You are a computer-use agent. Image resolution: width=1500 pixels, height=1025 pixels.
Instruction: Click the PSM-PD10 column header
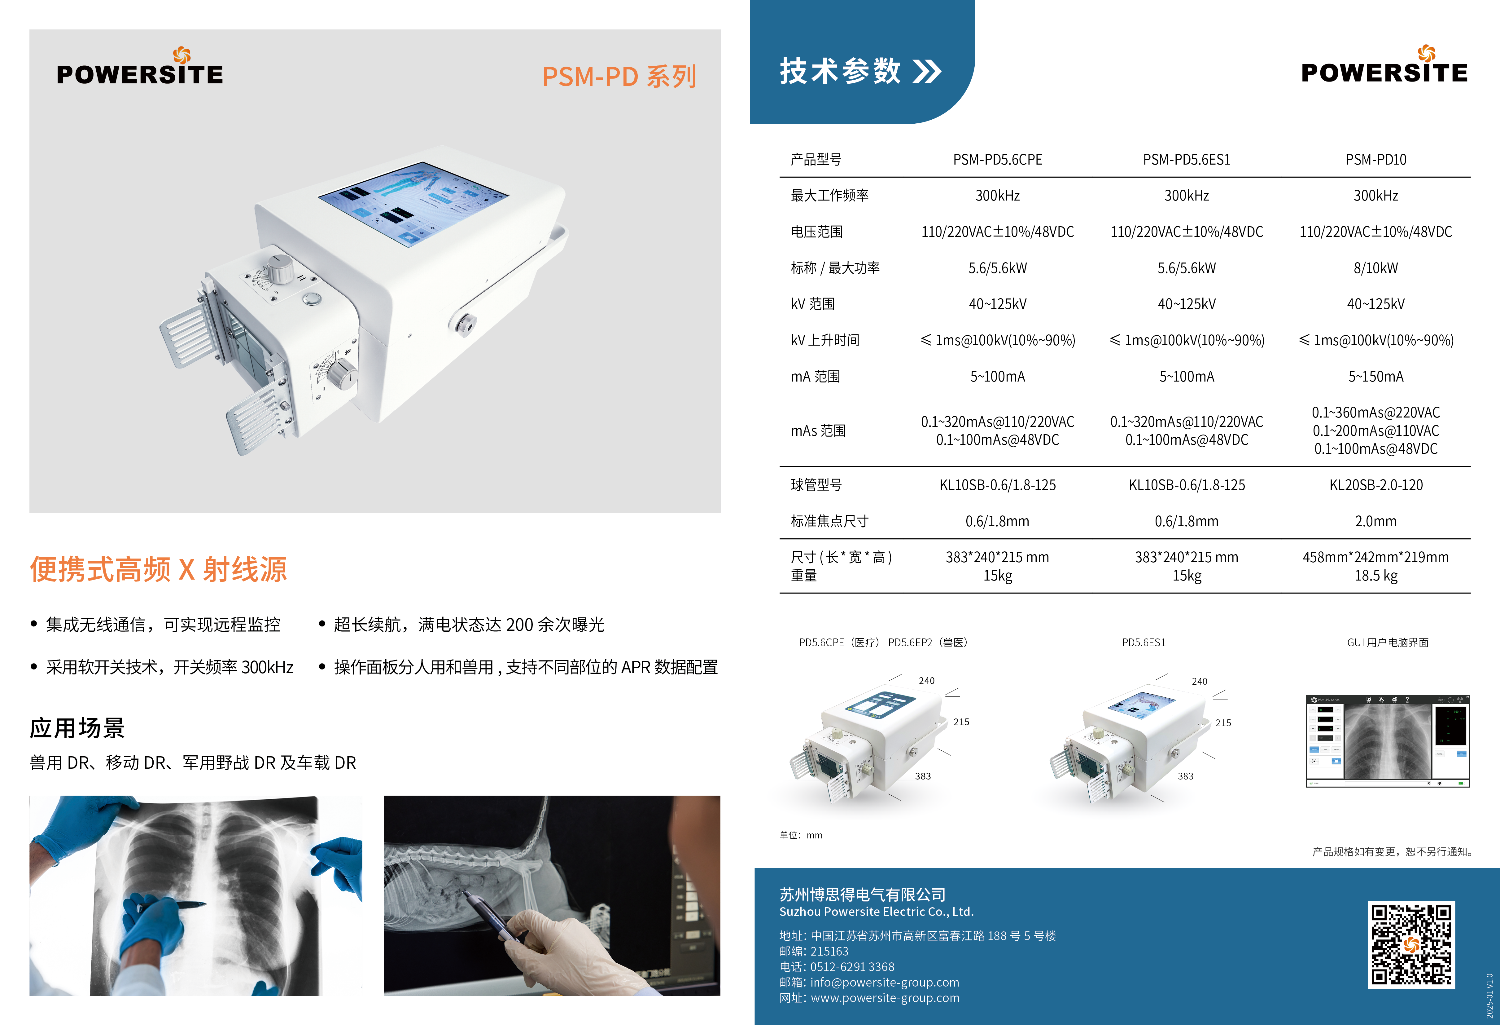[1375, 160]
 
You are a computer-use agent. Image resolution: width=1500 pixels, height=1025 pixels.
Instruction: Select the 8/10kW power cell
[1375, 268]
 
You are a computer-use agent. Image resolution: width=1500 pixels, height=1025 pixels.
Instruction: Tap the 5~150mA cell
[1375, 377]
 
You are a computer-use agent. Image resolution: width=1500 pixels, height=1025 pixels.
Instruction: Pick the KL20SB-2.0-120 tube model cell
[1375, 485]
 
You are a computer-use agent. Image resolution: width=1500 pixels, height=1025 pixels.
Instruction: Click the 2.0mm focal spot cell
[1375, 521]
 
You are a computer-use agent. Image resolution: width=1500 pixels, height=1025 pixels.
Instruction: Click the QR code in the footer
[1411, 944]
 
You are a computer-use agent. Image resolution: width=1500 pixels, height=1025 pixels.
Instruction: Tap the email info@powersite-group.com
[884, 982]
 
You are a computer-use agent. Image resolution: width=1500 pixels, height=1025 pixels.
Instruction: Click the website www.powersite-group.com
[885, 998]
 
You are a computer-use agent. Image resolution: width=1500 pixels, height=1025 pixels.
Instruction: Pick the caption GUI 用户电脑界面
[1388, 642]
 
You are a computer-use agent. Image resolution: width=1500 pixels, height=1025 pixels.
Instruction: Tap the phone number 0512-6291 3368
[852, 967]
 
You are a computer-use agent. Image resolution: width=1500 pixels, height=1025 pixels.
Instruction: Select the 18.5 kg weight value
[1375, 576]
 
